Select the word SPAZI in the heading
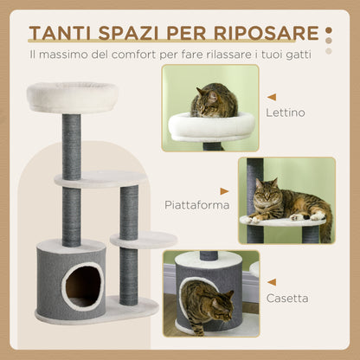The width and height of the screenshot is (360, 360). click(x=132, y=35)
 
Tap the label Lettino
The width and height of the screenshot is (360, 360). click(x=286, y=112)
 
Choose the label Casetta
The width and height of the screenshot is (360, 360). click(x=288, y=299)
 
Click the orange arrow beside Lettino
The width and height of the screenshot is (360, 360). click(x=272, y=98)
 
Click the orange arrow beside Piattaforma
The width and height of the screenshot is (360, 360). click(x=225, y=191)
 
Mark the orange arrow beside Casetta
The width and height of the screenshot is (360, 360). click(x=273, y=282)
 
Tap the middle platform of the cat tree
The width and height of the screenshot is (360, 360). click(x=100, y=179)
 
